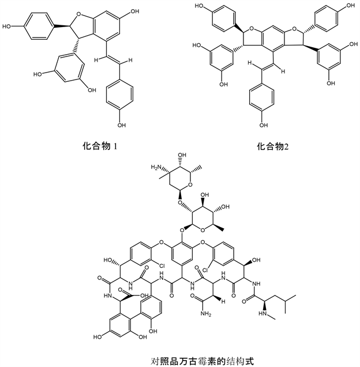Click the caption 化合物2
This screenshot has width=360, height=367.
click(x=272, y=146)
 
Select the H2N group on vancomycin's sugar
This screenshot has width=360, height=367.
click(x=156, y=167)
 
